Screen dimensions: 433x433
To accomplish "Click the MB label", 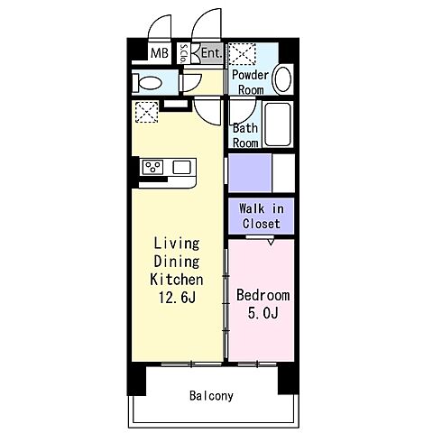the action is click(160, 53).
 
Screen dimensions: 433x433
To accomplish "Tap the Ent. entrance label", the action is click(212, 53).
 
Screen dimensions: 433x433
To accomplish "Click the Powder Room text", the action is click(250, 82).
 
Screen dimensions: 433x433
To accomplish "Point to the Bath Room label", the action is click(245, 135).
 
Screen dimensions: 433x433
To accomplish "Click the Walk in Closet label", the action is click(262, 216).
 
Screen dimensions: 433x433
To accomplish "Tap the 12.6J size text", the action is click(177, 298).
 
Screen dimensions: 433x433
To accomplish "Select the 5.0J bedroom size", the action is click(263, 313).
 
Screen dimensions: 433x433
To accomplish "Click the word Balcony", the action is click(211, 396).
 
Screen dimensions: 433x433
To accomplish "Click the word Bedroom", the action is click(263, 295).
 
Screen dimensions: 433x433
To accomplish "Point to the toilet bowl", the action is click(147, 82).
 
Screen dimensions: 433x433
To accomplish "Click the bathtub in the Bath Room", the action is click(278, 124).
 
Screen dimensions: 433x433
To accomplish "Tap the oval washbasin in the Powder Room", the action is click(282, 78).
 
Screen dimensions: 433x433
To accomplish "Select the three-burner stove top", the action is click(152, 167).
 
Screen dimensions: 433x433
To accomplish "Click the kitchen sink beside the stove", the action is click(181, 167).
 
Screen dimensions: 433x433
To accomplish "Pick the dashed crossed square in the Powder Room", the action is click(243, 54).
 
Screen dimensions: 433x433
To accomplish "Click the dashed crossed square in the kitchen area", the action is click(146, 112).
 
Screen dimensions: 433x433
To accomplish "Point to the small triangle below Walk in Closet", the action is click(271, 242).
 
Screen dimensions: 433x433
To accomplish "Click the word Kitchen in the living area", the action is click(177, 280).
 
